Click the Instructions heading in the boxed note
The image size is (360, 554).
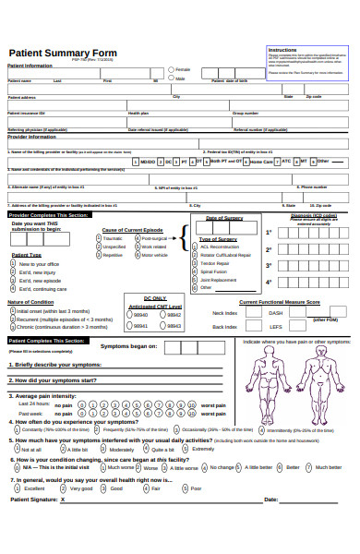pyautogui.click(x=282, y=49)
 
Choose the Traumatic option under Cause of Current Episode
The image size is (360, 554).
pyautogui.click(x=99, y=237)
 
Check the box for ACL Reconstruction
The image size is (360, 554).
pyautogui.click(x=195, y=247)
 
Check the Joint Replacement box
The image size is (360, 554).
pyautogui.click(x=195, y=280)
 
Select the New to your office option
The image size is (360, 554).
pyautogui.click(x=13, y=264)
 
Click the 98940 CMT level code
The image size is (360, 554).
pyautogui.click(x=127, y=315)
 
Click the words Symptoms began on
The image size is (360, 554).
pyautogui.click(x=128, y=346)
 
